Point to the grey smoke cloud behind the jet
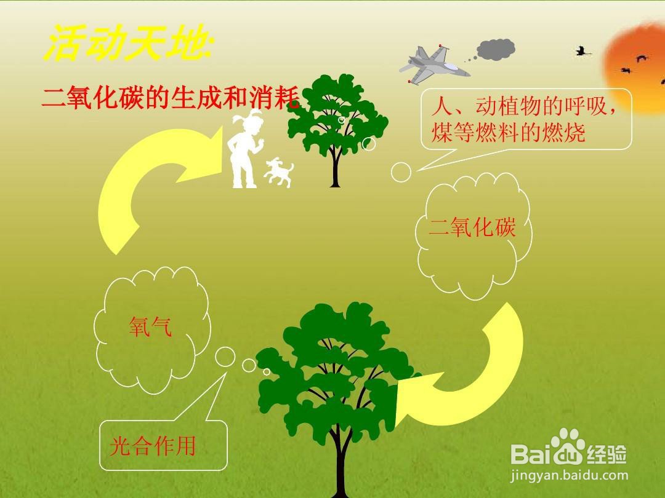click(x=496, y=50)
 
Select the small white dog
click(x=279, y=172)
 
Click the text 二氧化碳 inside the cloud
click(x=472, y=227)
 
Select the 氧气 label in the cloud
click(x=151, y=326)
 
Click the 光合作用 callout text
click(x=153, y=446)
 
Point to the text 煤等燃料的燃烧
click(x=509, y=132)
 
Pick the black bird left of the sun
click(x=582, y=52)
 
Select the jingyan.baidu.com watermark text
click(x=569, y=475)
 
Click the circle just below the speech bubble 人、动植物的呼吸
click(x=401, y=172)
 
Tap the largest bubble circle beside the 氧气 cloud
click(x=225, y=357)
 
